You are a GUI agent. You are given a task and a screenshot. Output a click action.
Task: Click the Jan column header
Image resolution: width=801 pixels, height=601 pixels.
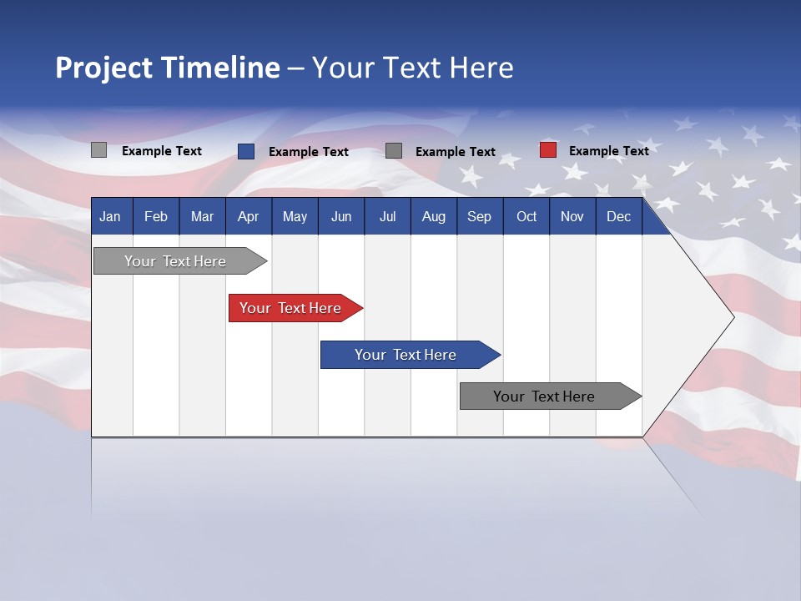(x=110, y=217)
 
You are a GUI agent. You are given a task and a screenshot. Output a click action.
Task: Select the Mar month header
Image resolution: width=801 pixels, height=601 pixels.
(x=202, y=217)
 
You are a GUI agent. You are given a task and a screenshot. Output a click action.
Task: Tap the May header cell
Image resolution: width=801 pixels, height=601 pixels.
(x=295, y=217)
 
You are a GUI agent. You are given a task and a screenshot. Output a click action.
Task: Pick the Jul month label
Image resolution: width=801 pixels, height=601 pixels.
(x=387, y=217)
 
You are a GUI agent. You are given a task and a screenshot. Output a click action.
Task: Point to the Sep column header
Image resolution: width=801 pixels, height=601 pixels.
(x=479, y=217)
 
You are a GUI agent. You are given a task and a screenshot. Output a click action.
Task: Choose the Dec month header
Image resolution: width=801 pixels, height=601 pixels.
(x=618, y=217)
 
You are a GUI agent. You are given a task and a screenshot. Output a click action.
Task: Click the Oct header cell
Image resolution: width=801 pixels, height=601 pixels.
(x=526, y=217)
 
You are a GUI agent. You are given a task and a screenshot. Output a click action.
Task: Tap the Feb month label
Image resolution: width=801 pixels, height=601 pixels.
(x=156, y=217)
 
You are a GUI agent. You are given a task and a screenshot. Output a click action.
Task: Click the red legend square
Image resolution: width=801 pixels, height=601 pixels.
(x=548, y=150)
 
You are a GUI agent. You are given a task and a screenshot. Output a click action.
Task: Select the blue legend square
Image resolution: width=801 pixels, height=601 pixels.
(x=246, y=151)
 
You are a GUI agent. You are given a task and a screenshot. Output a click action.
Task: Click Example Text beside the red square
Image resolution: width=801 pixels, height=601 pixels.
(x=608, y=151)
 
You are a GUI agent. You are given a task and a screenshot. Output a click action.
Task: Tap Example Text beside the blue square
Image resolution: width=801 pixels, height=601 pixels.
(x=308, y=152)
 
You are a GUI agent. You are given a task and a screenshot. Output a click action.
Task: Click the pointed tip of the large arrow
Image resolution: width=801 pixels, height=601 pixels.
(x=731, y=317)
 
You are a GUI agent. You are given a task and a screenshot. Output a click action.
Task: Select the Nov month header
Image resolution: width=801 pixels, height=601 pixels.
(x=572, y=217)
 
